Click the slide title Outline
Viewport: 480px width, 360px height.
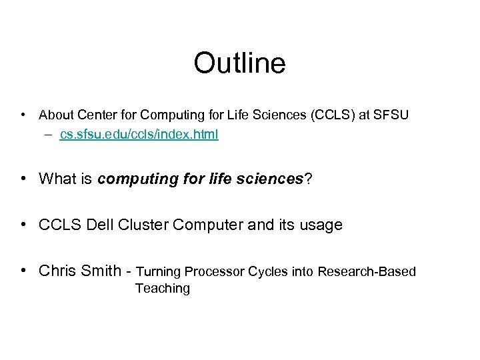pyautogui.click(x=239, y=64)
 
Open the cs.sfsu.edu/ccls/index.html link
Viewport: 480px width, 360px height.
pyautogui.click(x=139, y=135)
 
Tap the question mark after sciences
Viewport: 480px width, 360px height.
pyautogui.click(x=308, y=179)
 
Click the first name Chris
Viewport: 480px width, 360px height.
pyautogui.click(x=57, y=271)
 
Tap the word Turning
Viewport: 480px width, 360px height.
pyautogui.click(x=158, y=271)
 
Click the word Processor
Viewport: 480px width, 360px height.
pyautogui.click(x=215, y=271)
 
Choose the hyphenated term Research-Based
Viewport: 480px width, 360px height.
pyautogui.click(x=367, y=271)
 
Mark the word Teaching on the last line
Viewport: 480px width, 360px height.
pyautogui.click(x=162, y=288)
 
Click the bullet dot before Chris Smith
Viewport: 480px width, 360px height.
pyautogui.click(x=23, y=271)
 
